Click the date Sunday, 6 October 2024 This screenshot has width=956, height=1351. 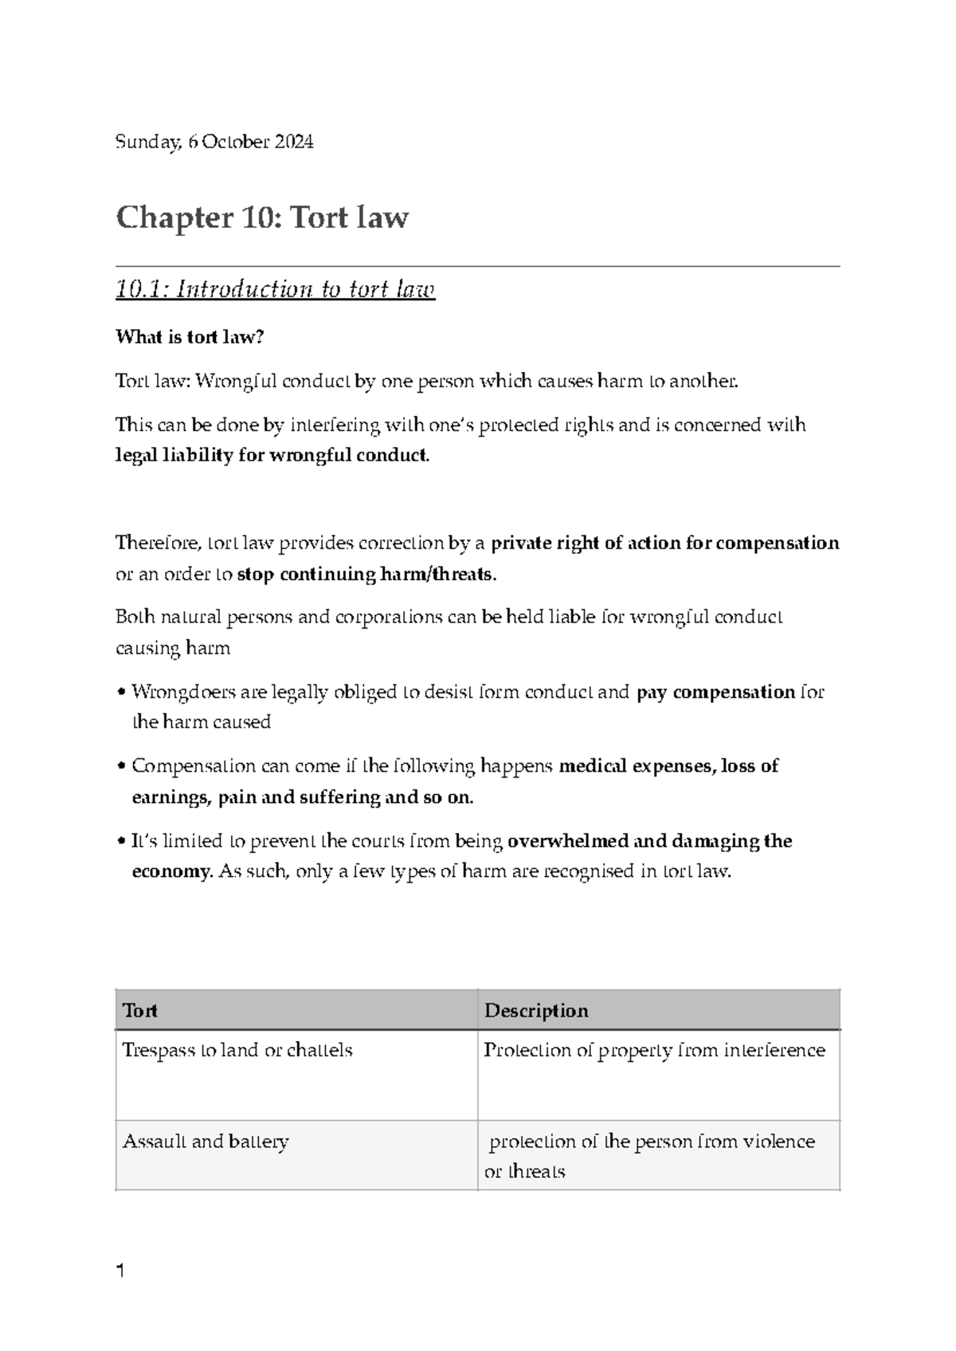click(x=214, y=143)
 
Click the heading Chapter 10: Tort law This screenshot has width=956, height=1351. click(x=262, y=217)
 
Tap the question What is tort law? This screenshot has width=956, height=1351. click(x=189, y=337)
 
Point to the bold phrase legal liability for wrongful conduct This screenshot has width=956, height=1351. click(x=272, y=456)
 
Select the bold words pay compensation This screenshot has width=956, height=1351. click(x=715, y=691)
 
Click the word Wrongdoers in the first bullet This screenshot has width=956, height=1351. click(x=182, y=691)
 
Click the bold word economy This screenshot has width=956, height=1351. click(x=170, y=871)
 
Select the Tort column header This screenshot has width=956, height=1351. click(x=140, y=1010)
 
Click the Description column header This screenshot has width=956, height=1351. click(x=536, y=1010)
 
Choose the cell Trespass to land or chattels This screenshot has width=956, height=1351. click(x=237, y=1050)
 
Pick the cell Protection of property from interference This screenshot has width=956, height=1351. click(x=654, y=1050)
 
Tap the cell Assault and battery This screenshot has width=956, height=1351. click(x=206, y=1141)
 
